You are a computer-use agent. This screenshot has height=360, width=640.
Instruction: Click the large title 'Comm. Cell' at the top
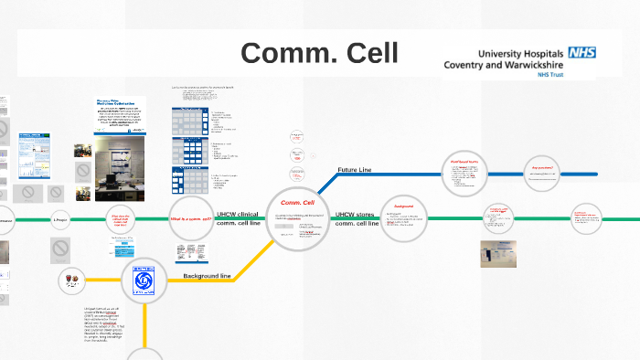coord(320,53)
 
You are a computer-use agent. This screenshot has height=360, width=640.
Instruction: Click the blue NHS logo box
coord(581,53)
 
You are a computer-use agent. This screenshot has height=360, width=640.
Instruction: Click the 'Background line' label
coord(207,275)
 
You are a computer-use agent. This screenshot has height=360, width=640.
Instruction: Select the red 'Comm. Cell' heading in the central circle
coord(298,203)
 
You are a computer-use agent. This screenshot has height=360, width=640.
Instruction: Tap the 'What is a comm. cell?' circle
coord(191,219)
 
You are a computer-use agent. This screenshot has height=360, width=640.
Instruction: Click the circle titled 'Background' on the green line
coord(404,219)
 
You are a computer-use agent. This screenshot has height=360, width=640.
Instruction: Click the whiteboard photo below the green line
coord(498,253)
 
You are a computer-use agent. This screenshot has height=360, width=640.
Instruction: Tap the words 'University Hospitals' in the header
coord(517,53)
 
